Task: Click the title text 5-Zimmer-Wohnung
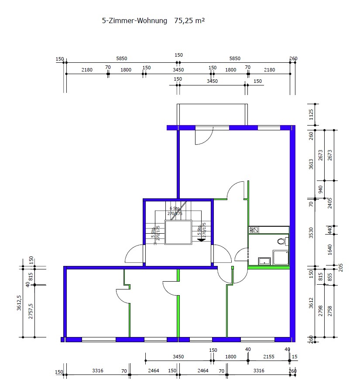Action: [135, 20]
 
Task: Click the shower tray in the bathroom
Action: [280, 257]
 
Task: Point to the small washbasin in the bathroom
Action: [264, 261]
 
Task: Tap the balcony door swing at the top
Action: [203, 136]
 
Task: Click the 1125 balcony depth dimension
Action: [311, 115]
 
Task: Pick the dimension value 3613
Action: [311, 164]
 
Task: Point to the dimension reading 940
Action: [321, 189]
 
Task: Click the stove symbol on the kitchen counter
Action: [253, 229]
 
